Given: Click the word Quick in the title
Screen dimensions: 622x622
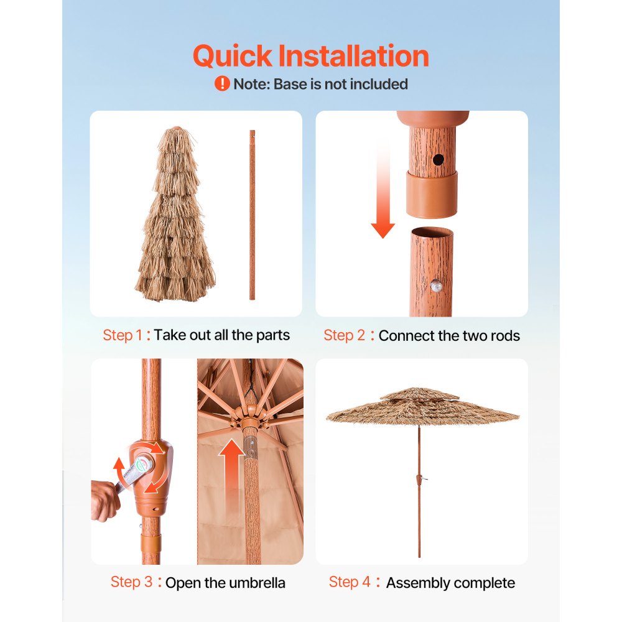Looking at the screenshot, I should tap(232, 57).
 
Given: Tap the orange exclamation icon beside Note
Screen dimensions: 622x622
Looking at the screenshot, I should tap(222, 83).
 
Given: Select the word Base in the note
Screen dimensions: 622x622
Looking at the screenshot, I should tap(290, 84).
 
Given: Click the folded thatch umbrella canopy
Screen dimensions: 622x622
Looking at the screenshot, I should tap(175, 218).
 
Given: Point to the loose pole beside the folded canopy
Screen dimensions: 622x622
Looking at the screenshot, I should tap(252, 215).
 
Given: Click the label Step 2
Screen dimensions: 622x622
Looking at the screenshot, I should tap(344, 336).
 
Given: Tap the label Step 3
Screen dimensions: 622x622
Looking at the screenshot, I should tap(131, 582).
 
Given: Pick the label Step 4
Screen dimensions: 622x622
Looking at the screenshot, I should tap(350, 582).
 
